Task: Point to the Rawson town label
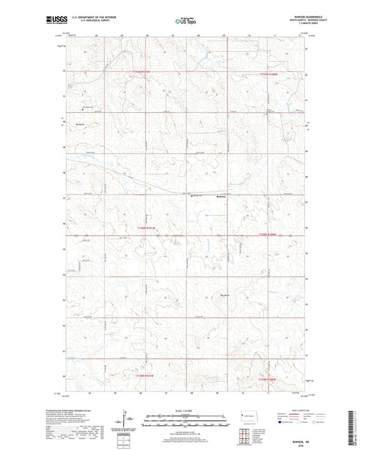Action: tap(201, 198)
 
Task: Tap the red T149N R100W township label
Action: tap(269, 379)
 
